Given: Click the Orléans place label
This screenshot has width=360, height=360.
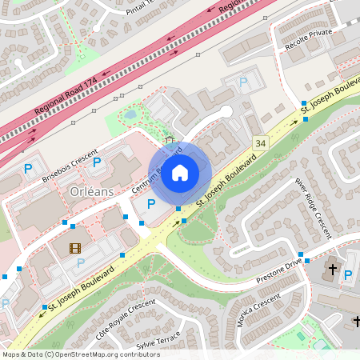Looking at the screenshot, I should tap(90, 192).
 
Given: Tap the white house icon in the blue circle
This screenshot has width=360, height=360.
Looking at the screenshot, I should tap(180, 172).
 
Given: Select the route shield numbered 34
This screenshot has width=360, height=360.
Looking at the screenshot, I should tap(260, 143).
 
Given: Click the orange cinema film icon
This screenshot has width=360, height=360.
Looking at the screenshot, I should tap(75, 248).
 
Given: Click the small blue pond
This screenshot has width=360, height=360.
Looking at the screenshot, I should tap(130, 115).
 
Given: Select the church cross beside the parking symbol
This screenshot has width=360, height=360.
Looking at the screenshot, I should tap(333, 270).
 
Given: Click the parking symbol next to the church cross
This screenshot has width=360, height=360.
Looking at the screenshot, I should tap(348, 275).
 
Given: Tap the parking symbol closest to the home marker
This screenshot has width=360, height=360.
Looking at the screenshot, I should tap(151, 205).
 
